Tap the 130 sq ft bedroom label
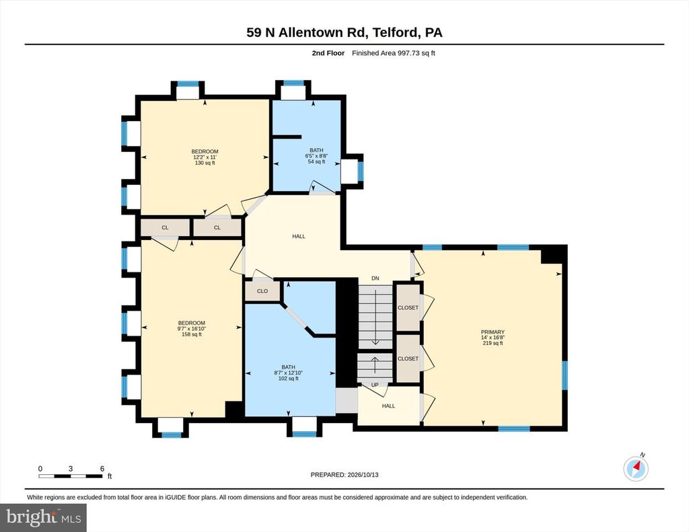click(x=205, y=157)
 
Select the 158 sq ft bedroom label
click(x=192, y=329)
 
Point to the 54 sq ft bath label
click(x=316, y=156)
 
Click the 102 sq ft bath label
click(x=288, y=373)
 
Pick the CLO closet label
click(x=262, y=291)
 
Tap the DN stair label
click(x=375, y=278)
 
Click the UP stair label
click(x=375, y=385)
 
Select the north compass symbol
click(x=636, y=468)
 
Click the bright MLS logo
click(x=43, y=517)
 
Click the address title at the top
click(x=344, y=32)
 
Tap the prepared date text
click(x=344, y=475)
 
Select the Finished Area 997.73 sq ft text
click(x=393, y=53)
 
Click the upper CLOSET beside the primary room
click(x=408, y=307)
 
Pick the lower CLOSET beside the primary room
click(x=408, y=358)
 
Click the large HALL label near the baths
click(x=299, y=236)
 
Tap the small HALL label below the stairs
click(x=388, y=406)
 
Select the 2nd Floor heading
click(x=328, y=53)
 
